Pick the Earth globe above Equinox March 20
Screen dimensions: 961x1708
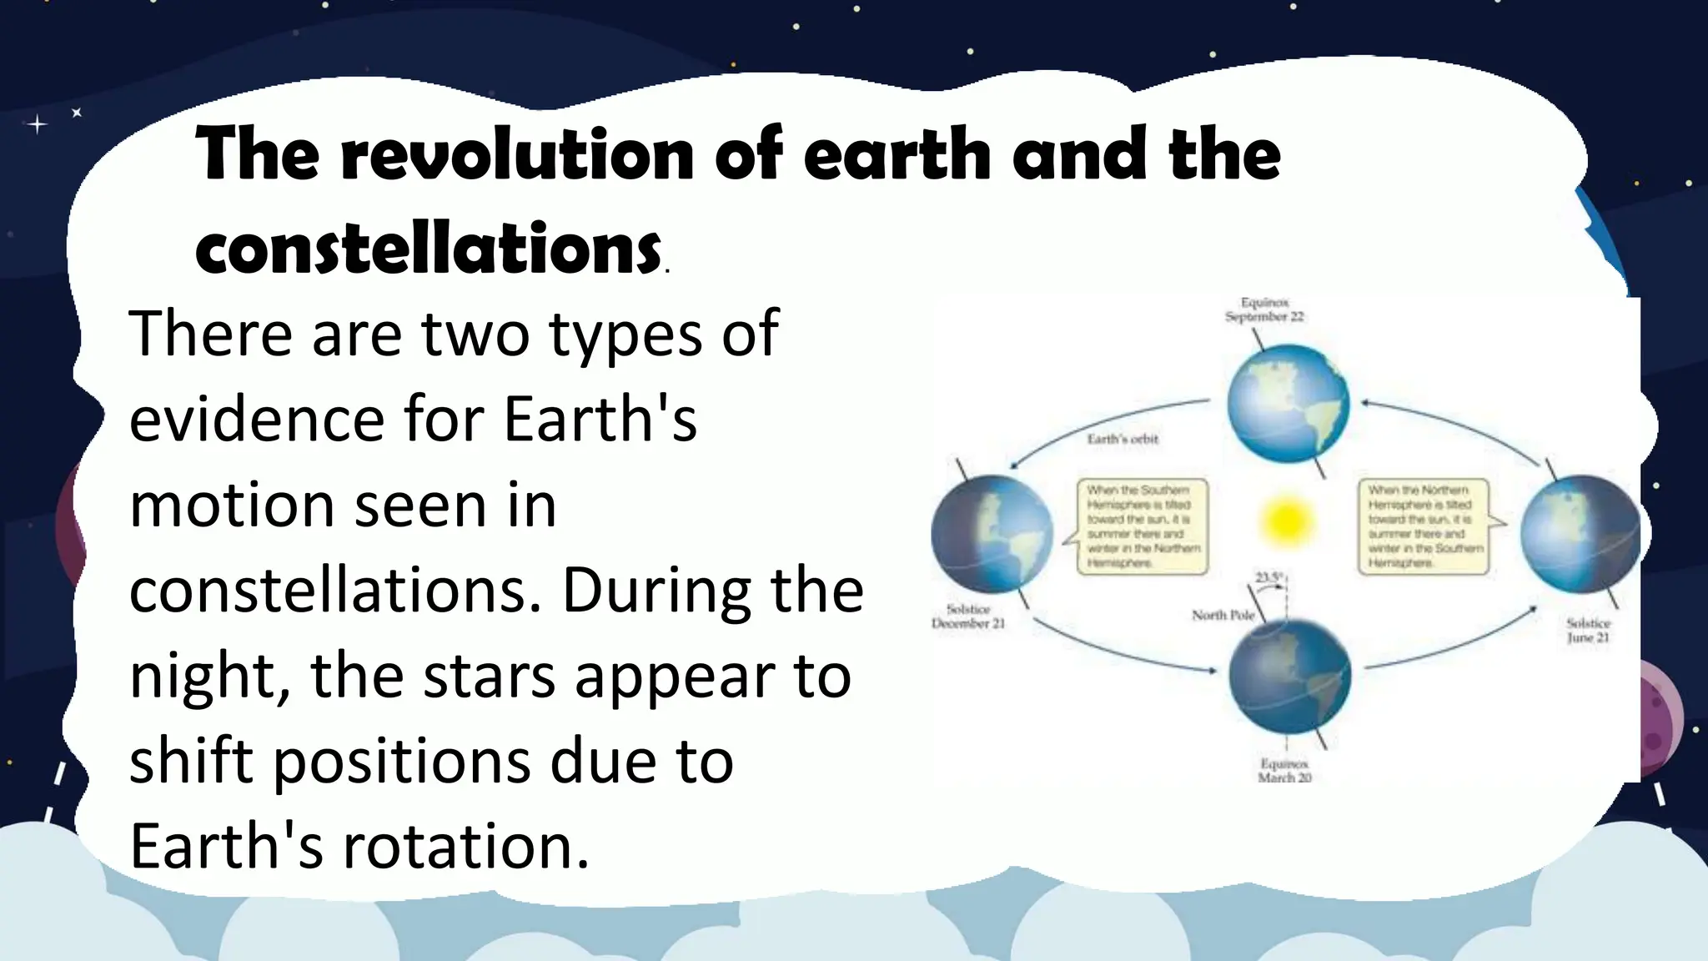click(1289, 675)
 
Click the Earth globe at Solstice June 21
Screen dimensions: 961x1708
click(1579, 534)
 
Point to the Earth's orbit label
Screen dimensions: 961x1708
click(1123, 439)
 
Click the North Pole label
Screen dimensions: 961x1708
click(1223, 616)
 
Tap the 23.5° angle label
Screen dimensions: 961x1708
click(1268, 577)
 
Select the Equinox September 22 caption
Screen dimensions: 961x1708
click(1264, 309)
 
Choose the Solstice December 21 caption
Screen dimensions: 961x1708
click(967, 616)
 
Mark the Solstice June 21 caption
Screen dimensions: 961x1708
click(1588, 630)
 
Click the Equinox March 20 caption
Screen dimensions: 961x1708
click(1284, 770)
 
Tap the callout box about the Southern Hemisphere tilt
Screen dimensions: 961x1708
click(1143, 526)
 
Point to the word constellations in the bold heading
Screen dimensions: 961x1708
click(428, 249)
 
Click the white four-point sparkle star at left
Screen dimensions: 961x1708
click(38, 125)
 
